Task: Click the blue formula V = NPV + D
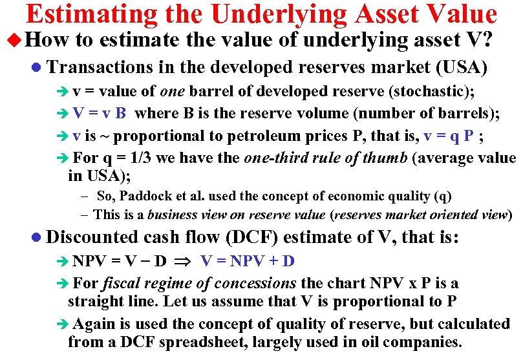(248, 262)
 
